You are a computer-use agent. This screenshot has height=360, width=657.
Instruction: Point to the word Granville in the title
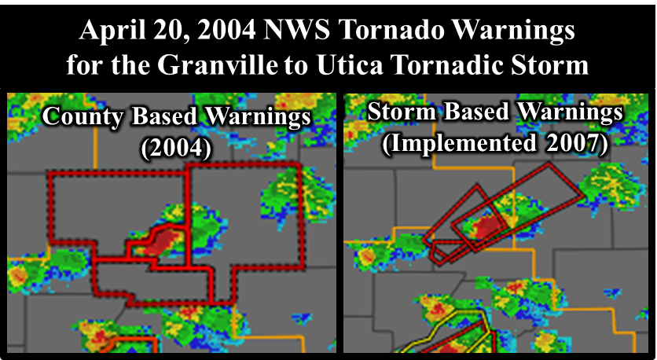tap(218, 65)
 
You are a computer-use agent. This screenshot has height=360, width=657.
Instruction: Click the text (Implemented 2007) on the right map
tap(495, 144)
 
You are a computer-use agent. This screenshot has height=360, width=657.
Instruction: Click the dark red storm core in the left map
tap(161, 242)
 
